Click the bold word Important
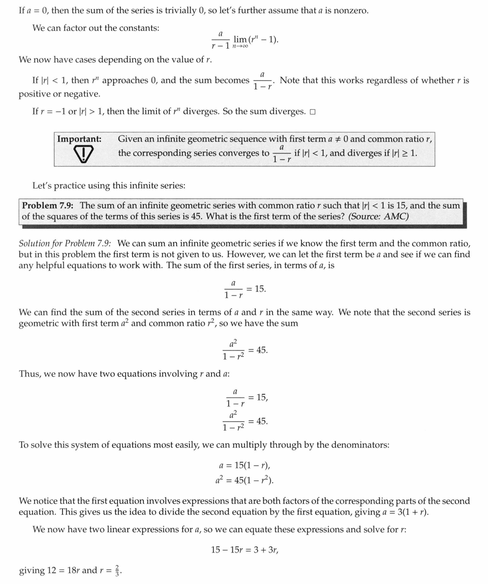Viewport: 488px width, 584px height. [79, 139]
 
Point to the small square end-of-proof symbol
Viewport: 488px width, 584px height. [313, 112]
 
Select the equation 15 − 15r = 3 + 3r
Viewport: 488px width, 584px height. [245, 549]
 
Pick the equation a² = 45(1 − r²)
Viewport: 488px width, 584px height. [244, 479]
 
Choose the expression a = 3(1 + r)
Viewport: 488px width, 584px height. [404, 512]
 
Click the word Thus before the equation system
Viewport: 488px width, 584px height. [30, 374]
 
